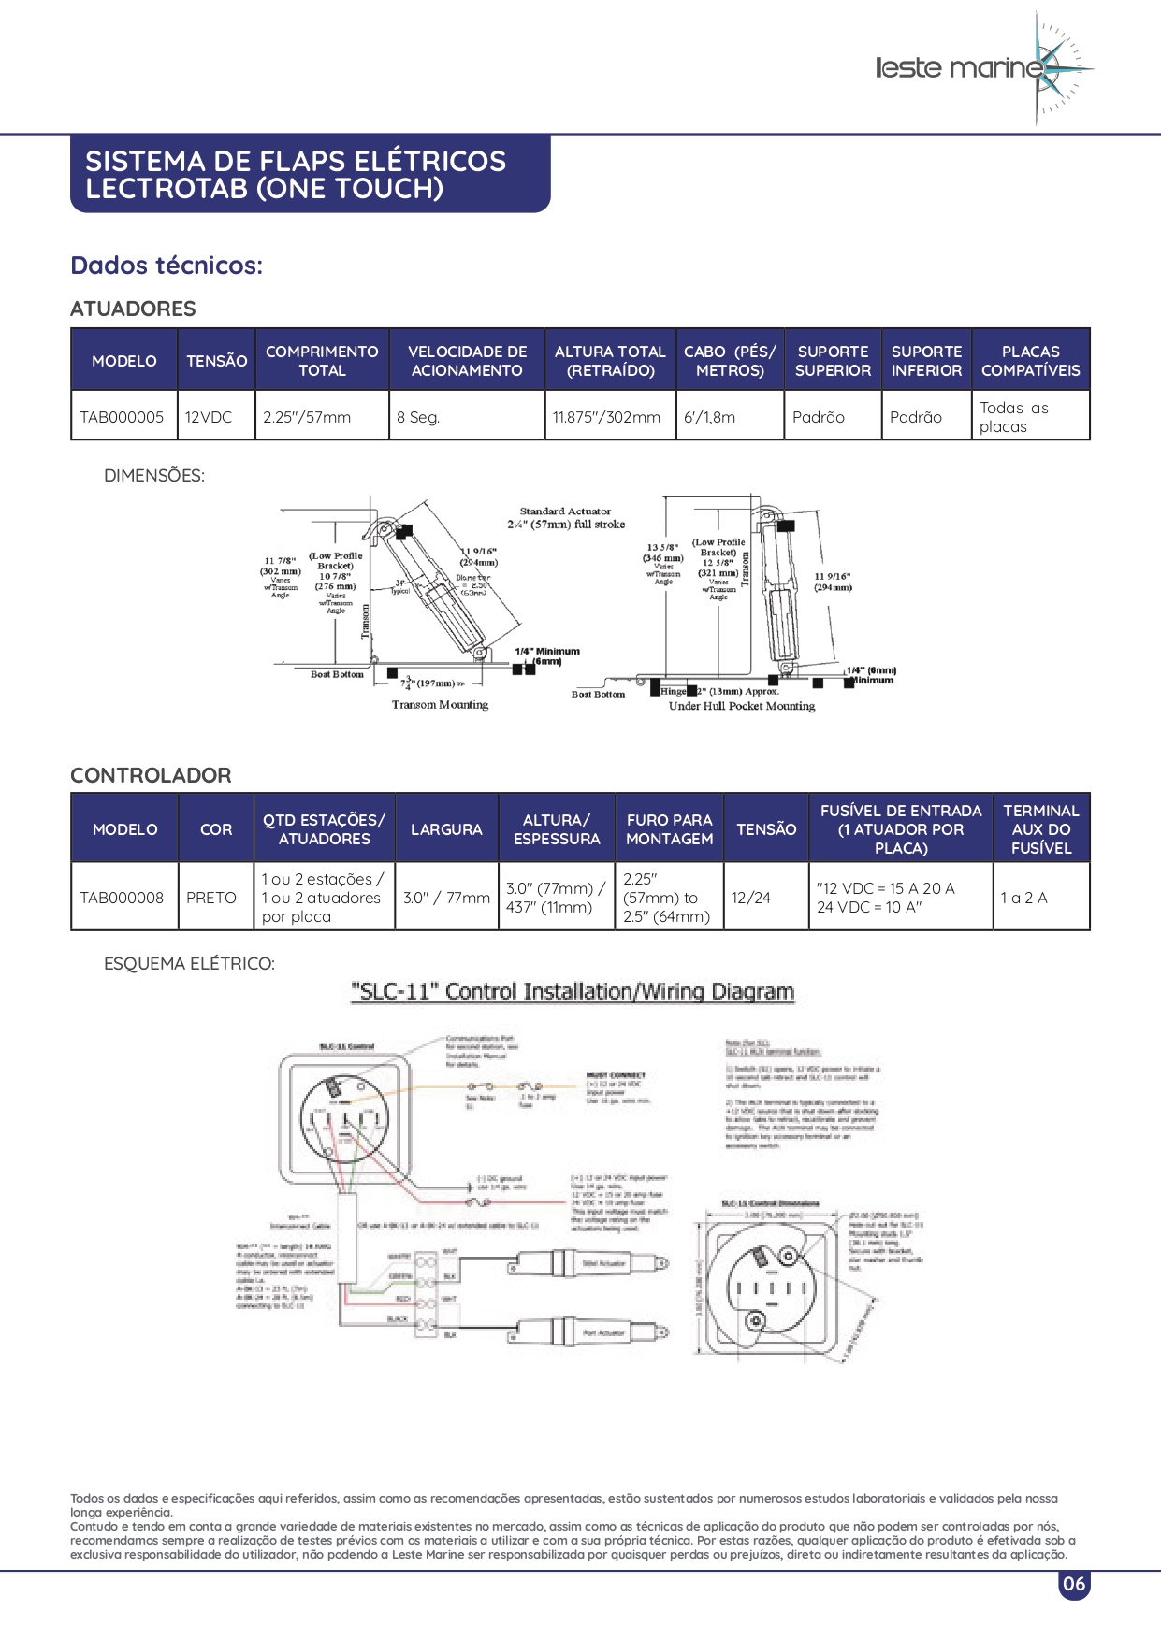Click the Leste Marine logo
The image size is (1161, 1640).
click(982, 68)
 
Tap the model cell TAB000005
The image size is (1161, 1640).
click(122, 417)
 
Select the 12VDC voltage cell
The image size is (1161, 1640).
click(208, 417)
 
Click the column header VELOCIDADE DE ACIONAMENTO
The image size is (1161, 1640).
click(467, 361)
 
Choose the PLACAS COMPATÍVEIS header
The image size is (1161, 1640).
click(1030, 361)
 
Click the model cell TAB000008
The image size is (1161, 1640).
click(122, 898)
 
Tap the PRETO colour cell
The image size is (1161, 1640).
click(211, 898)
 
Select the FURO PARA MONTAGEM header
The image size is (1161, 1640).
click(669, 829)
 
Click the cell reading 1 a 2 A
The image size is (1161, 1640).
click(1023, 898)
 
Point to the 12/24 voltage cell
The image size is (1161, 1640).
click(750, 898)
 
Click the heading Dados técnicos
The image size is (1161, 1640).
click(167, 266)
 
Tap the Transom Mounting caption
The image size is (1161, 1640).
click(440, 705)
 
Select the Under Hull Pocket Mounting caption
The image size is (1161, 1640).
click(741, 706)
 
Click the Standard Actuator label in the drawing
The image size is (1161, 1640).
click(565, 511)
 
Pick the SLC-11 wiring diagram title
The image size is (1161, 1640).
click(573, 992)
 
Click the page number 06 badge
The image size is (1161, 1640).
click(1074, 1584)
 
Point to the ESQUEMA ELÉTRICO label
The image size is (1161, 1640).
click(189, 963)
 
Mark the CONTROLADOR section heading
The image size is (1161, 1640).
click(151, 775)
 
